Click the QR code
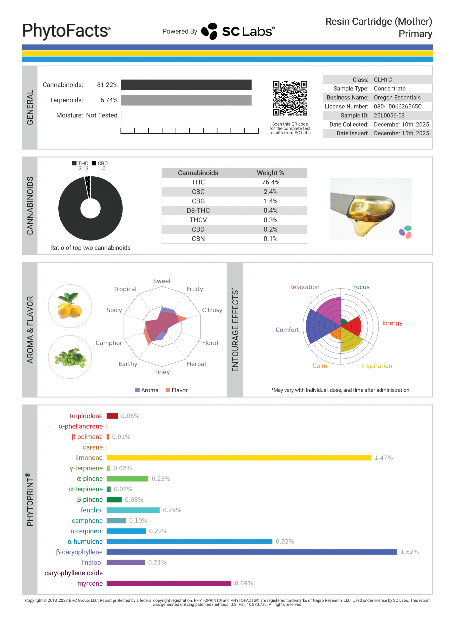290,98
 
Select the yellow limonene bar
238,458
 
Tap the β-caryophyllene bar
252,552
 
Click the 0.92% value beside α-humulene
285,542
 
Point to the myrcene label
90,583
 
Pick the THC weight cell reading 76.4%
270,182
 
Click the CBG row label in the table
198,201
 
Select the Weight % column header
270,173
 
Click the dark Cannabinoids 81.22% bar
186,85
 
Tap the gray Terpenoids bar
186,100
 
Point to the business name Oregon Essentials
397,98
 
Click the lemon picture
70,306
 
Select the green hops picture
70,357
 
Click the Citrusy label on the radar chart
212,310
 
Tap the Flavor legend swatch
168,390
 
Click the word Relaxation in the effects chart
304,287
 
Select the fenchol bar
133,510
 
